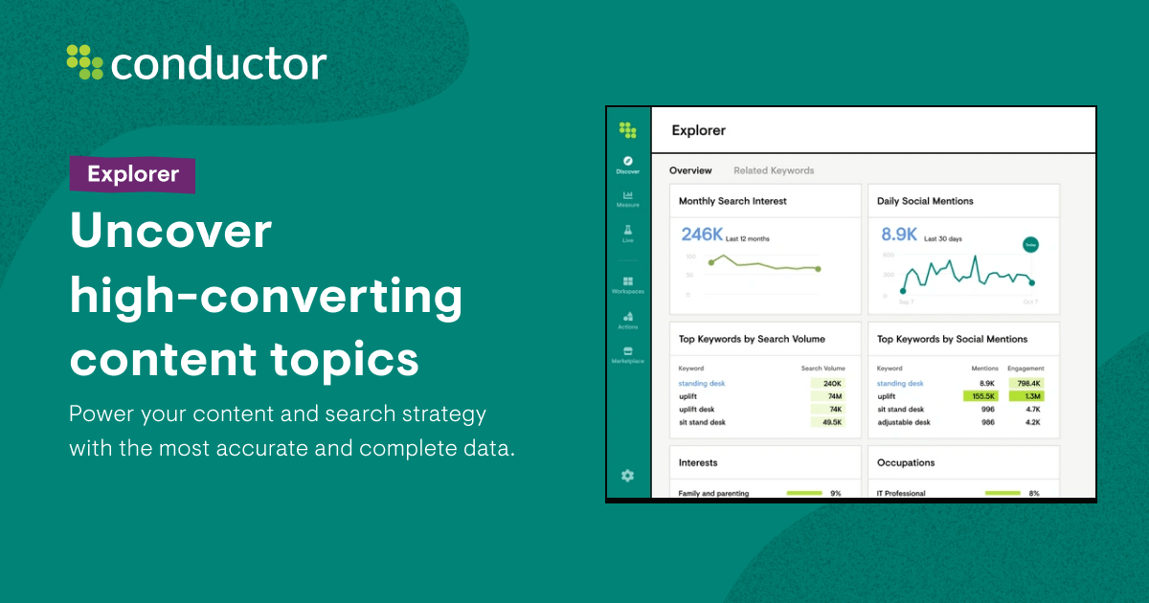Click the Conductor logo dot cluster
[84, 62]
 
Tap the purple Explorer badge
[132, 174]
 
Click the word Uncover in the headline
[170, 233]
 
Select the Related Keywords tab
[774, 170]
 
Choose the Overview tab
[690, 170]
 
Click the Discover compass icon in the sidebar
[628, 161]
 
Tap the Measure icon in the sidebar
[628, 195]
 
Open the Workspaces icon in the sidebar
[628, 281]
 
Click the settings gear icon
[628, 475]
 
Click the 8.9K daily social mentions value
[899, 234]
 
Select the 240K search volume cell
[829, 383]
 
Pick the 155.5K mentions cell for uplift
[982, 395]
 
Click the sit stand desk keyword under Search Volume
[702, 421]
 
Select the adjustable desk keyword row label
[903, 421]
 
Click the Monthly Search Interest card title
[732, 201]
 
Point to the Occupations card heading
[906, 462]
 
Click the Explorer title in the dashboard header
[698, 130]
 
